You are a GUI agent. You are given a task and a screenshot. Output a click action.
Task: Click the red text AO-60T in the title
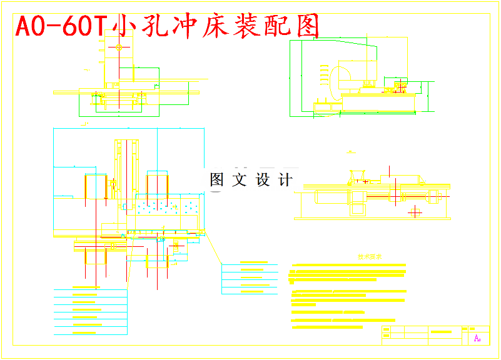61,27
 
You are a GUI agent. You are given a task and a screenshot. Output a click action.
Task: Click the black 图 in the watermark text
217,181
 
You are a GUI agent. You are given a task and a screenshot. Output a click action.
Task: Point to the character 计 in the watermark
285,181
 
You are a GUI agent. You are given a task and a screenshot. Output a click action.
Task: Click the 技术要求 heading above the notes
370,256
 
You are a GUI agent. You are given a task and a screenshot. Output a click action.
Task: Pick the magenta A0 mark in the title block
477,338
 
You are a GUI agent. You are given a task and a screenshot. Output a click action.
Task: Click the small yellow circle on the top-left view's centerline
119,47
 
